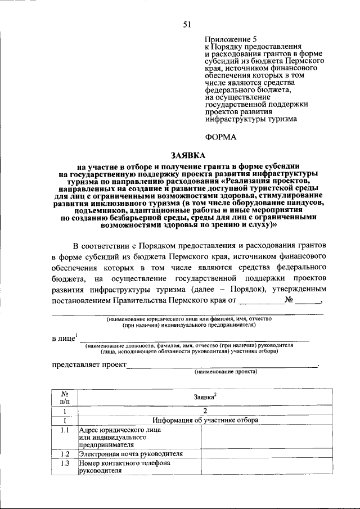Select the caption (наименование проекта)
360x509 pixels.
[225, 372]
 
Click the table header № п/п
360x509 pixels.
[65, 397]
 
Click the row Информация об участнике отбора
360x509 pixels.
[205, 420]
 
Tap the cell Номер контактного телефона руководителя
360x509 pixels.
[124, 467]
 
